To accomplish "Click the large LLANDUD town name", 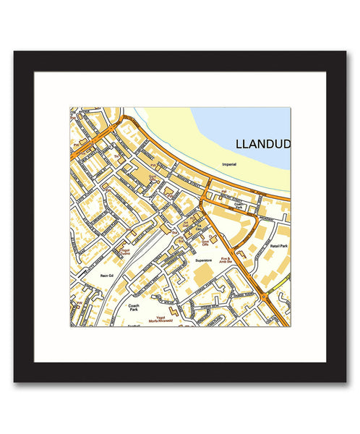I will pos(262,144).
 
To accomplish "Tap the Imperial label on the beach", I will pos(228,165).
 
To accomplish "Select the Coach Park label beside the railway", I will pos(134,307).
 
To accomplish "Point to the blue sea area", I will pos(246,123).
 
